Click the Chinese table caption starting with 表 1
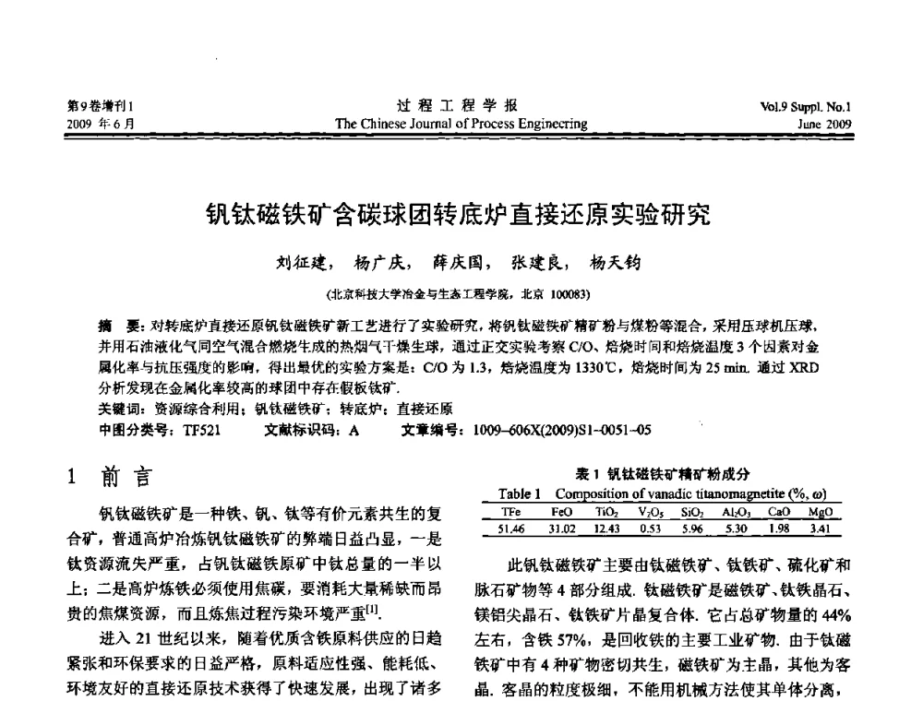tap(661, 473)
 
